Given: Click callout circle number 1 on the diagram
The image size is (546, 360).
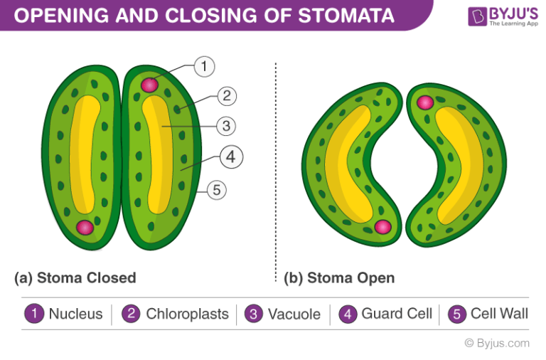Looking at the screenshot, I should tap(203, 68).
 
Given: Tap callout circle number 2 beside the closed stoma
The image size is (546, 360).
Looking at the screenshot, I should tap(225, 96).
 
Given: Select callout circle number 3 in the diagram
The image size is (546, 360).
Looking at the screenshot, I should tap(225, 127).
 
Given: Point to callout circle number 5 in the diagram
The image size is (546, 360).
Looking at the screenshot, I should tap(218, 189).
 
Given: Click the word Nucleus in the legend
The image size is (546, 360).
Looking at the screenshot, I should tap(75, 314).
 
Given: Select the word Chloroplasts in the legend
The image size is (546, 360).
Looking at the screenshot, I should tap(187, 314).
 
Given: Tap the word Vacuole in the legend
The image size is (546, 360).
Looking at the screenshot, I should tap(294, 314).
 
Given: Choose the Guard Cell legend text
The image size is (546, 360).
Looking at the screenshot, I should tap(397, 314).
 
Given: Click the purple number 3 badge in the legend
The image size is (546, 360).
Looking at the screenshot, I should tap(253, 314).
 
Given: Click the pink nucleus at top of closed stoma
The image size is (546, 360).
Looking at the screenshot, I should tap(149, 85).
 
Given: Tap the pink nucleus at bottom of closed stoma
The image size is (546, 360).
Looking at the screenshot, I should tap(85, 228).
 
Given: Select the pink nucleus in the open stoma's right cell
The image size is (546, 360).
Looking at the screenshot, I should tap(425, 102).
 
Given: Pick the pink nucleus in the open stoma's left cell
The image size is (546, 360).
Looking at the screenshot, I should tap(382, 227).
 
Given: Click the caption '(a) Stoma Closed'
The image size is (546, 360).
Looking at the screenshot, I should tap(75, 277).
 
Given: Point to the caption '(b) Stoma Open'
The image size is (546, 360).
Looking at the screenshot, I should tap(339, 277).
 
